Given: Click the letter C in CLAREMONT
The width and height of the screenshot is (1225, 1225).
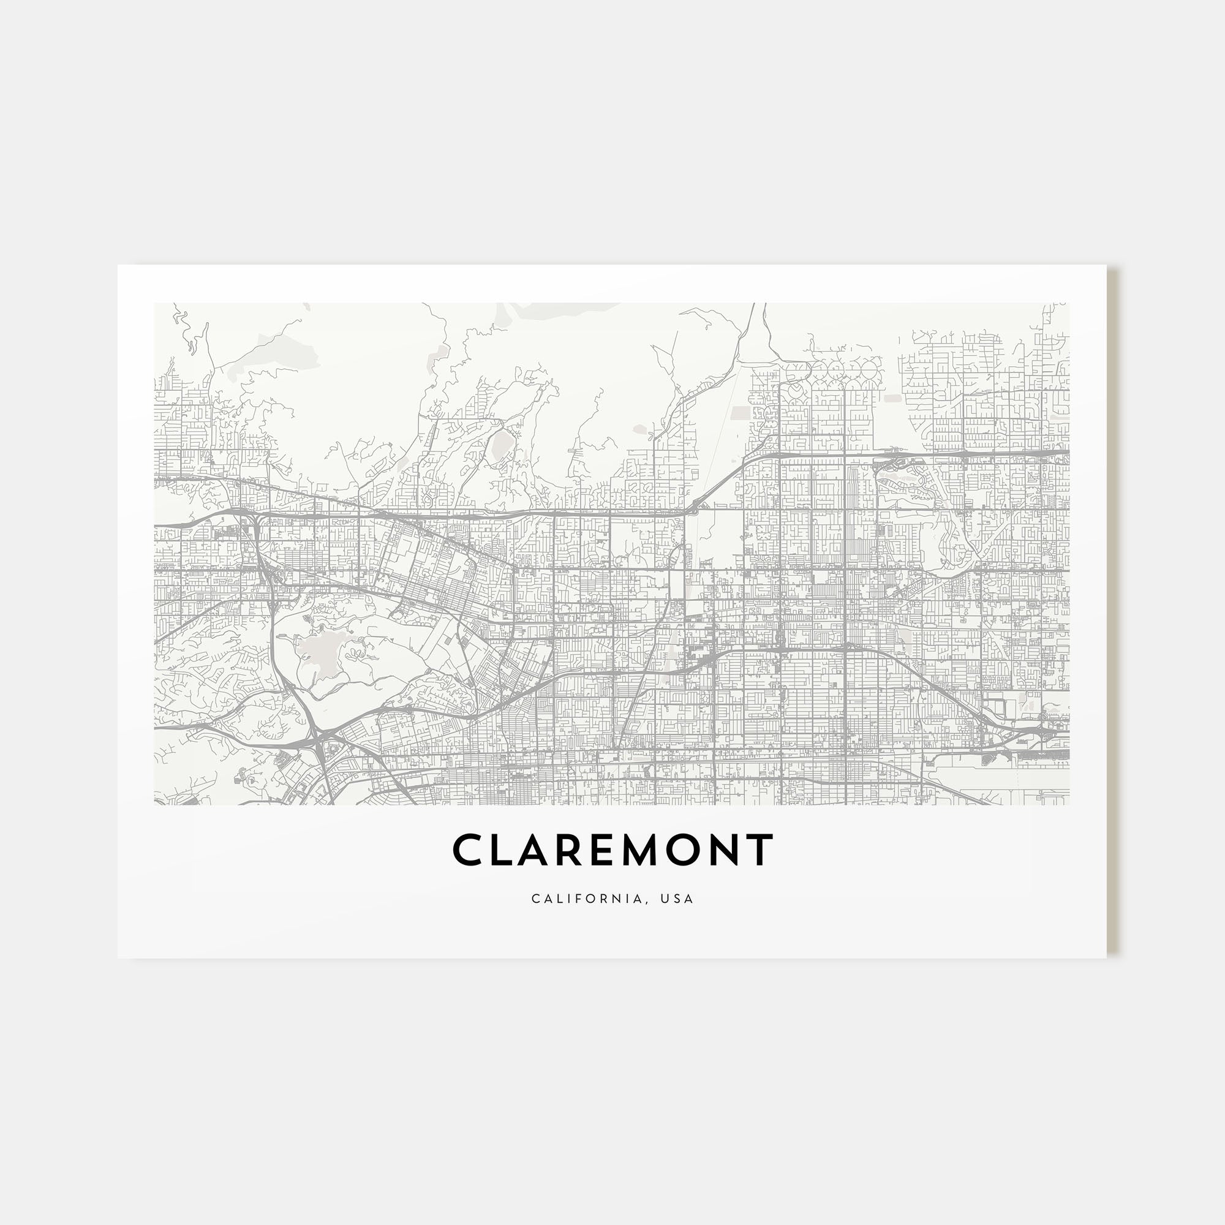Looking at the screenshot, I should pyautogui.click(x=466, y=850).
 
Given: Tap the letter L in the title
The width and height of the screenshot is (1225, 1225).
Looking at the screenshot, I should pyautogui.click(x=504, y=850).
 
